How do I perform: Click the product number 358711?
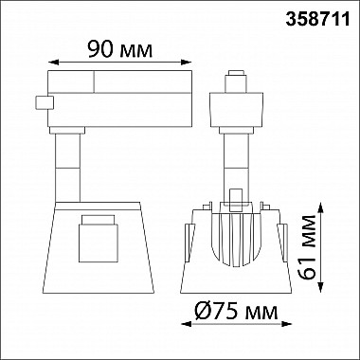317,19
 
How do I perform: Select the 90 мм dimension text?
119,49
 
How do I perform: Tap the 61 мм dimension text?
308,247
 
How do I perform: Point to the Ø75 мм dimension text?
236,312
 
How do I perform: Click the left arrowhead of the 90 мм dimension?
53,62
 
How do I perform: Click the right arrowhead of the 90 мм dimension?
187,62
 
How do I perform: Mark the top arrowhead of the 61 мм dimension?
320,208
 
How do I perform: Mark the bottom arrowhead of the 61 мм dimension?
320,287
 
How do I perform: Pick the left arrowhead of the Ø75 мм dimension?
186,324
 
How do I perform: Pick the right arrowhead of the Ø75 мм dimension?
286,324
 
